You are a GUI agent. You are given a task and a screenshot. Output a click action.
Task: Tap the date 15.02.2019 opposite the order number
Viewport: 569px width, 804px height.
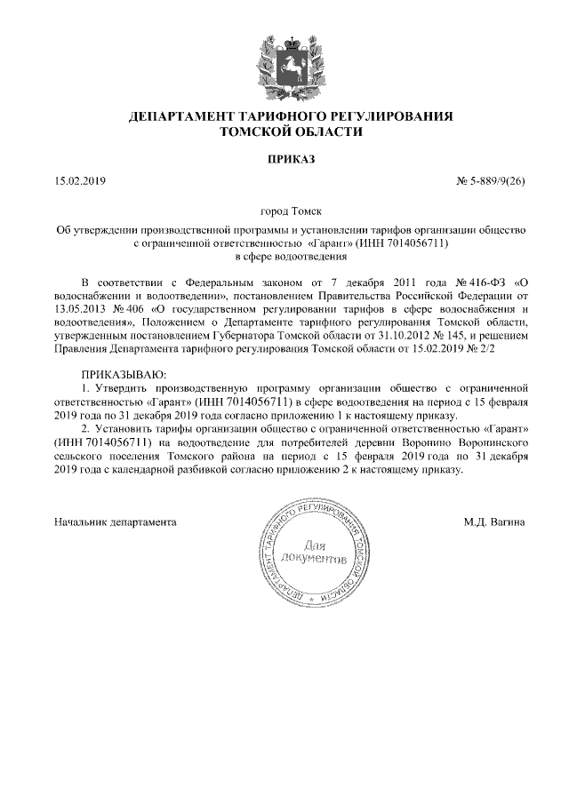point(80,182)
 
